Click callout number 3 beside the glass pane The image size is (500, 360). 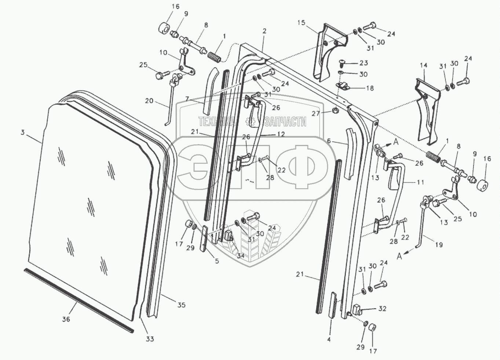22,132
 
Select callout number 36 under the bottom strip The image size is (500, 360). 66,319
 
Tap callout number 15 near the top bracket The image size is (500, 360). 301,23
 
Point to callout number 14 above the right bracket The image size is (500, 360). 423,66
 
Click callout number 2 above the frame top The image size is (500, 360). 264,32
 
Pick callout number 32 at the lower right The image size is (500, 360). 382,309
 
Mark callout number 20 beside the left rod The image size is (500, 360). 149,101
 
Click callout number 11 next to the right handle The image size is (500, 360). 420,182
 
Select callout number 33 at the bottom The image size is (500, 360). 150,339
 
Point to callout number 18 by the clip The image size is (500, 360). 370,88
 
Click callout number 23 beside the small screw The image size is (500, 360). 364,63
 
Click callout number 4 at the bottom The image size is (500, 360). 329,339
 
